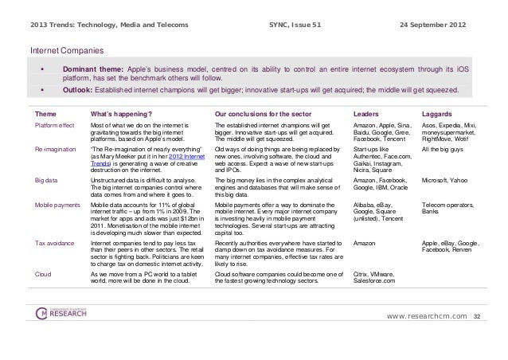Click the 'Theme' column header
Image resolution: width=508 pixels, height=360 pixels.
(46, 113)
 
